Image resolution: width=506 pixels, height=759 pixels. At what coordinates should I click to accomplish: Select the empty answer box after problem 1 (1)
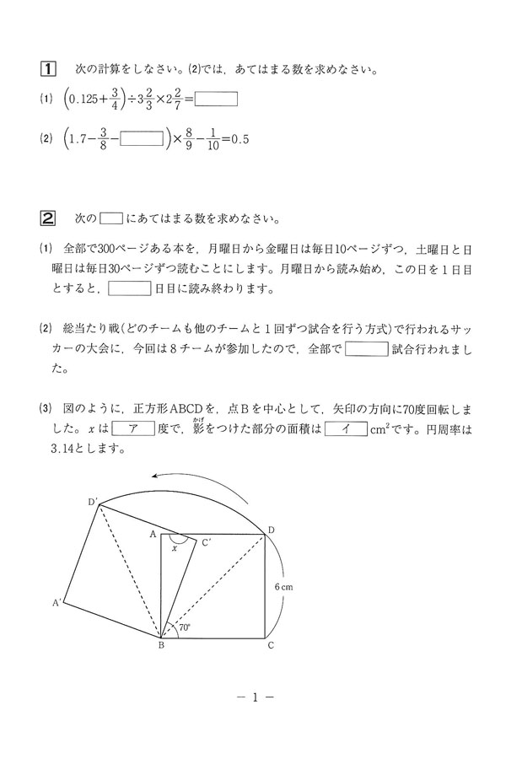(x=217, y=100)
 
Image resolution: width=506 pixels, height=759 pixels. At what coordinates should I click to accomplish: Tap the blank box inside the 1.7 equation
(x=141, y=138)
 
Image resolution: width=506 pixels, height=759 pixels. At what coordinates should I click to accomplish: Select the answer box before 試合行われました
(x=367, y=348)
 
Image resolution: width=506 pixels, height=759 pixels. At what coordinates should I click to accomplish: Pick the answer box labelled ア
(x=133, y=428)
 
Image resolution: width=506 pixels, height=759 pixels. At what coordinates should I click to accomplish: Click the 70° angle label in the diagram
(x=183, y=627)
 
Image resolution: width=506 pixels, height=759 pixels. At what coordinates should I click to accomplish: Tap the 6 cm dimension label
(x=284, y=585)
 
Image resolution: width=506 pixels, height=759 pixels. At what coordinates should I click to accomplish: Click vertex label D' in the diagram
(x=93, y=503)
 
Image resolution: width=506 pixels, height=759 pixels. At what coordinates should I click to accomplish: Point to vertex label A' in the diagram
(x=57, y=603)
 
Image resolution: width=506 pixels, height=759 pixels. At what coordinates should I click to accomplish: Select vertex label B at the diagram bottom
(x=160, y=648)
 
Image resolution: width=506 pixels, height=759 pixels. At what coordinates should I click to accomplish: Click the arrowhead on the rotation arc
(x=154, y=477)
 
